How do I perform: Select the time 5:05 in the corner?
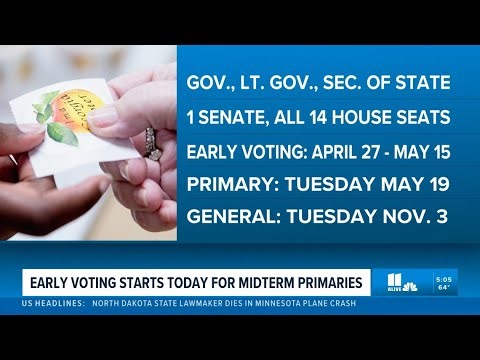[445, 277]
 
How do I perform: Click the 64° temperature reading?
[445, 288]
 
